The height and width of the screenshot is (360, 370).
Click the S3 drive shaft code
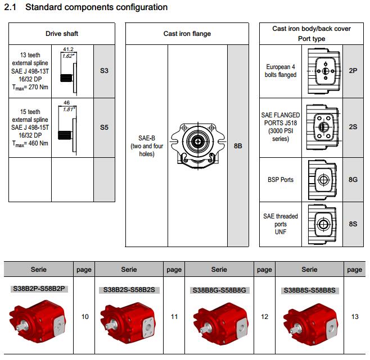pos(103,71)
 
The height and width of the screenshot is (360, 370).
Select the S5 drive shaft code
pos(103,127)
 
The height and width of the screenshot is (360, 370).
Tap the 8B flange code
pos(238,146)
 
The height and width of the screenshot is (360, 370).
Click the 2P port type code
pos(353,71)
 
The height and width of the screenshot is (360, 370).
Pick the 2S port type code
pos(353,127)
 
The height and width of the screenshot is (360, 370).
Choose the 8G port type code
pos(353,180)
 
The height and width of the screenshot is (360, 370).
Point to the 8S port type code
pos(353,224)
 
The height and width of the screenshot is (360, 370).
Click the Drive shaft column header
pos(62,34)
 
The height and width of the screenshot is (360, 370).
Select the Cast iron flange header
pos(187,34)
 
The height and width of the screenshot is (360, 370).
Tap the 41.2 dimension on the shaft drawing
pos(68,50)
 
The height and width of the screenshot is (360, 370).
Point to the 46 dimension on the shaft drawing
pos(67,103)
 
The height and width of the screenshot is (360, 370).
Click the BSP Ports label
pos(280,180)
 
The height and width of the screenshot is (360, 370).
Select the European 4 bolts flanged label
pos(280,71)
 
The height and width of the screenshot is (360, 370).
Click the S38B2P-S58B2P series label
pos(39,289)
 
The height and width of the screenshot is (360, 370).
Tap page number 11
pos(174,317)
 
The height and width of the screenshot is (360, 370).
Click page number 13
pos(355,317)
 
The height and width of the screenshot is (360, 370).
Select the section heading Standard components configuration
pos(96,7)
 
